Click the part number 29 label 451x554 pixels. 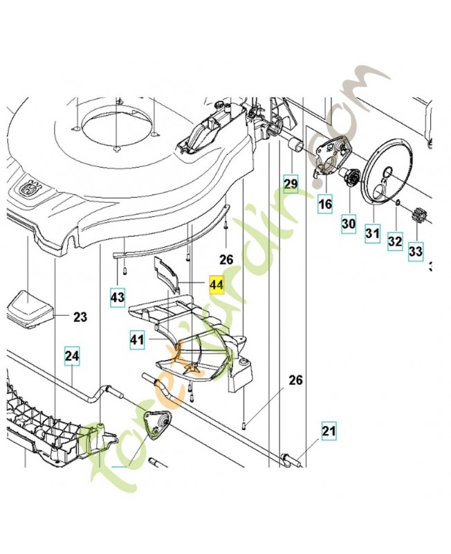pyautogui.click(x=291, y=184)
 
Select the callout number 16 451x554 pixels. pyautogui.click(x=325, y=204)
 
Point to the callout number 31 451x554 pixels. pyautogui.click(x=373, y=234)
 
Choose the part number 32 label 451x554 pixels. pyautogui.click(x=394, y=242)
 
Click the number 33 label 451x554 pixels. pyautogui.click(x=415, y=252)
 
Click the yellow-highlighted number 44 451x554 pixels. pyautogui.click(x=217, y=285)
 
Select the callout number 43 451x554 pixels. pyautogui.click(x=118, y=298)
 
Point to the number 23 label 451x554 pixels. pyautogui.click(x=80, y=318)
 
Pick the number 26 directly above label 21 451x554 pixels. pyautogui.click(x=295, y=380)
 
